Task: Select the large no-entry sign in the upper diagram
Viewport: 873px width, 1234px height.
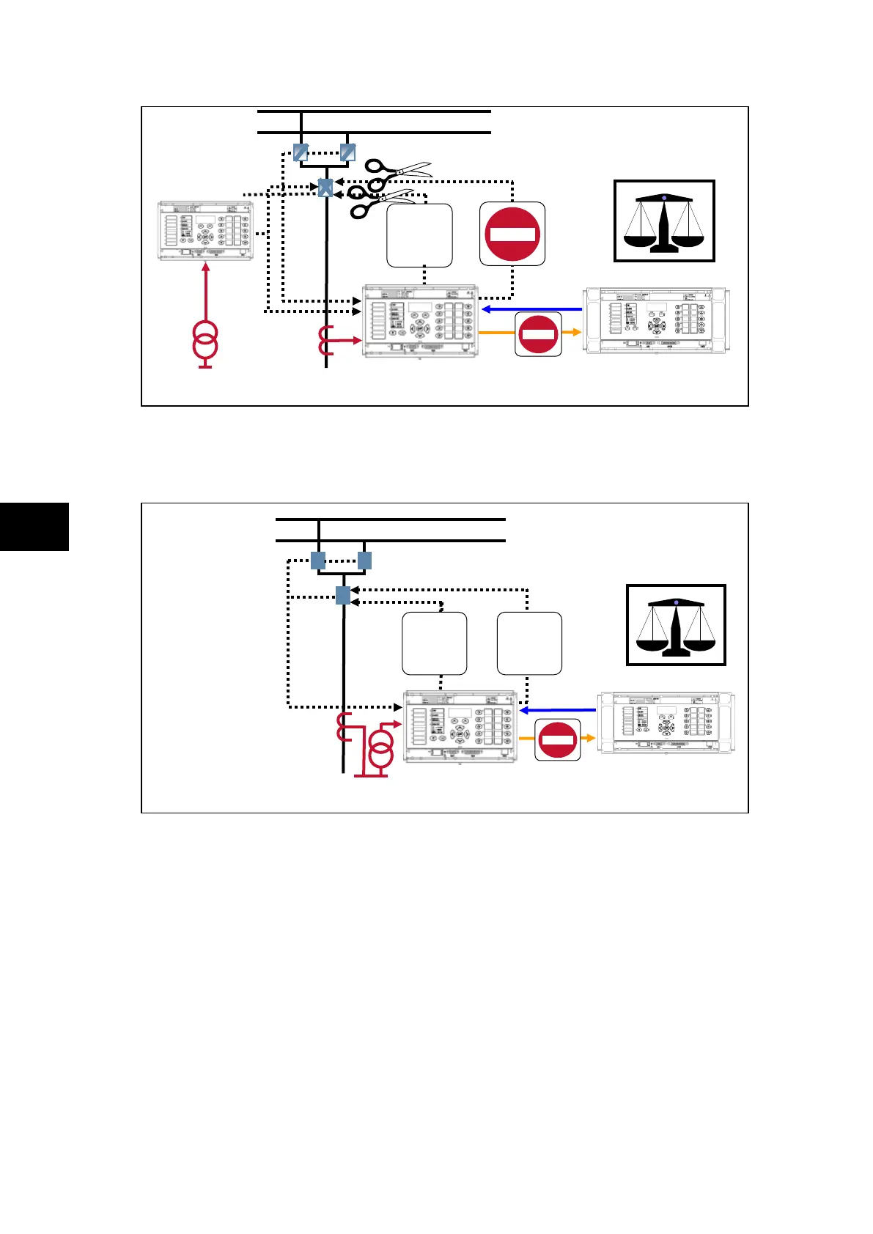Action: point(512,234)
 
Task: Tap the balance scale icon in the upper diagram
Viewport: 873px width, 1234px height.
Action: point(664,221)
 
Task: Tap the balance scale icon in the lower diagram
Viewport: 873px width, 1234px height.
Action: point(676,625)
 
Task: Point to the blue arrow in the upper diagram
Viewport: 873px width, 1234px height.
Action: point(531,309)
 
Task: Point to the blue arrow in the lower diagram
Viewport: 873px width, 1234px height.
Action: point(557,710)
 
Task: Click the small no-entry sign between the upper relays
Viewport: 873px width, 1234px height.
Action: point(539,334)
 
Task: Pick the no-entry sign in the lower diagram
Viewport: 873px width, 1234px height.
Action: point(558,739)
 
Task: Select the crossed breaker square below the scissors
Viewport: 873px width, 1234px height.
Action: point(325,188)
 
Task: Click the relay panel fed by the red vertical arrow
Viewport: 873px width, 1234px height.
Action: point(206,232)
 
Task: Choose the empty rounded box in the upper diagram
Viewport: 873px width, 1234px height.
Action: point(419,235)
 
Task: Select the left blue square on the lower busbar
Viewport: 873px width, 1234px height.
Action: point(318,561)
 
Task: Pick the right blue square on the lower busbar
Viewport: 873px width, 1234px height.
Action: point(364,561)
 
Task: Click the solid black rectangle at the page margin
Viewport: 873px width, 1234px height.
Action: point(34,526)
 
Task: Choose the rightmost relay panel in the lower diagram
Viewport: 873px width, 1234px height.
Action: point(666,724)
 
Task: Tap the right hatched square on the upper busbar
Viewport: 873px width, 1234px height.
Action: point(347,152)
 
